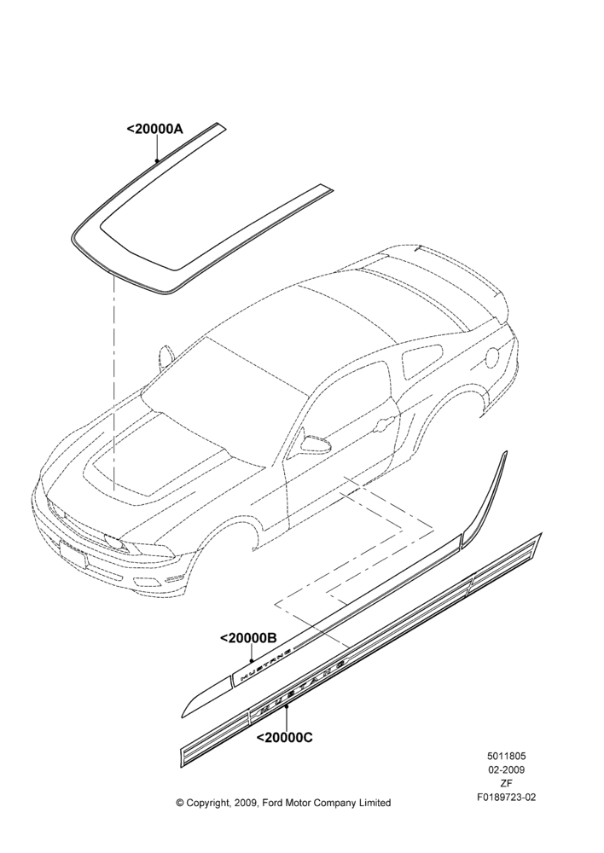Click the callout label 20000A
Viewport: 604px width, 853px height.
[155, 130]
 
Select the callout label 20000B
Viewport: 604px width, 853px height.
[248, 638]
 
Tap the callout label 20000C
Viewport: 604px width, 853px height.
[284, 738]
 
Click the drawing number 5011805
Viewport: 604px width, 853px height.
[506, 756]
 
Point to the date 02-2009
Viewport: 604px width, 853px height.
[506, 769]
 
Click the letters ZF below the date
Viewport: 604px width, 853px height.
[506, 783]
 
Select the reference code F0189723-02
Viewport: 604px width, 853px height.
[506, 798]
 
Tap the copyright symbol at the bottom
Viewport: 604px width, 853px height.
[180, 803]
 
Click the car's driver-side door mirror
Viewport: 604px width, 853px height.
[317, 443]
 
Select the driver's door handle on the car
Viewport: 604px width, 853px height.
[386, 420]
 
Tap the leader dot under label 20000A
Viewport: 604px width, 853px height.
[157, 160]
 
